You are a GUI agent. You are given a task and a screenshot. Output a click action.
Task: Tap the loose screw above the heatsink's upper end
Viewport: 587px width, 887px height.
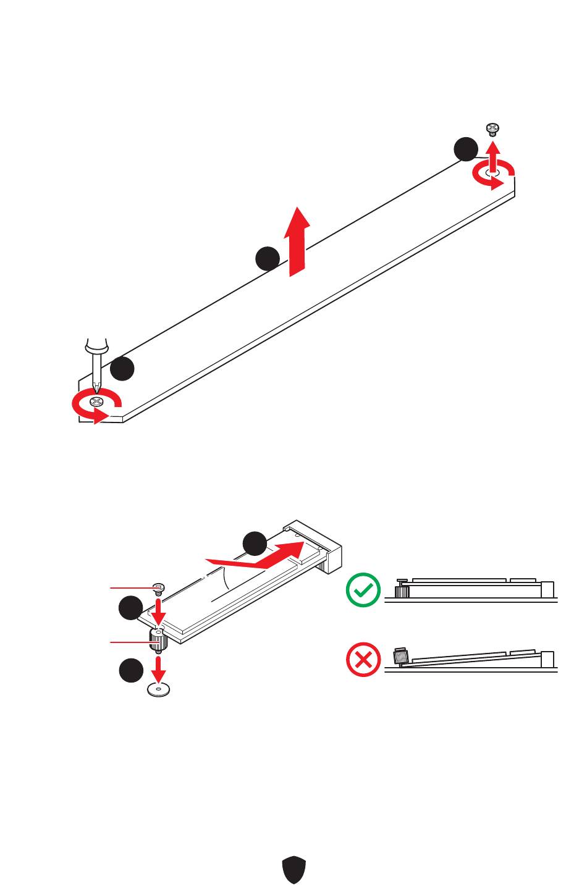492,129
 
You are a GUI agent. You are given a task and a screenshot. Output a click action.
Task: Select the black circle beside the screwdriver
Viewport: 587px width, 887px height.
123,369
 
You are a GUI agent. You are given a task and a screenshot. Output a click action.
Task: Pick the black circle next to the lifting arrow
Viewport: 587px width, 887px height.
267,258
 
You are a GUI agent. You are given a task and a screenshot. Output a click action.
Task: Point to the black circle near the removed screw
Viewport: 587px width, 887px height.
466,149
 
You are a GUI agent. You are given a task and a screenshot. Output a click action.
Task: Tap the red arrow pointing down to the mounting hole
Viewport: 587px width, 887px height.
159,667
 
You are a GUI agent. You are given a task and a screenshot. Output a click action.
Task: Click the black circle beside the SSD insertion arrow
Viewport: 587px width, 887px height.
255,544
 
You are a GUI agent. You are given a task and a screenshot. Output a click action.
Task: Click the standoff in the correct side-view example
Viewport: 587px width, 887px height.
402,591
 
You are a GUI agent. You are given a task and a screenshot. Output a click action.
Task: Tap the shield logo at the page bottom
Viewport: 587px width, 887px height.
293,869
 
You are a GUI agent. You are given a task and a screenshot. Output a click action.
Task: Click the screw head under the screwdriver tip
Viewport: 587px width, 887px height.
96,402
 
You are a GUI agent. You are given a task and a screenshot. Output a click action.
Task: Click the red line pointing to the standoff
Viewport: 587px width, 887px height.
130,643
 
